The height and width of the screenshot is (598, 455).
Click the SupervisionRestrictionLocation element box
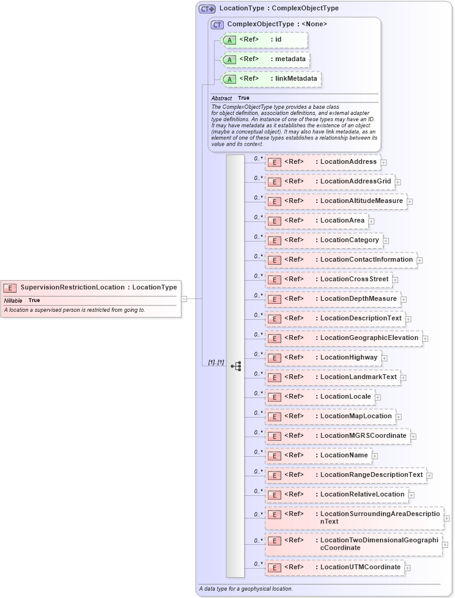coord(91,287)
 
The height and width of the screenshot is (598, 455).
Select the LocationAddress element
coord(322,162)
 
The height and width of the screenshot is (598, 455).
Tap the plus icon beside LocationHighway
coord(384,358)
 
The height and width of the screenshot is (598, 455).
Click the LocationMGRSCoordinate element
coord(337,436)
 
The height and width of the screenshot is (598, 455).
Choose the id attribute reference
coord(264,40)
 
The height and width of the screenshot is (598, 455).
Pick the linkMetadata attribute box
coord(270,79)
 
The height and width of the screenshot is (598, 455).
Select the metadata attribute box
coord(265,59)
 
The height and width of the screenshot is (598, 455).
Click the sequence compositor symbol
coord(235,366)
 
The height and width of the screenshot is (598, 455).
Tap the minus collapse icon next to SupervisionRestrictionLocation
coord(183,299)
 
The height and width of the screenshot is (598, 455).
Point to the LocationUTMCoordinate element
coord(335,567)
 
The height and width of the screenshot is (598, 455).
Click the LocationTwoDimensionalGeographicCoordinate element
coord(353,544)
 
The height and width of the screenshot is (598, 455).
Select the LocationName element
coord(318,456)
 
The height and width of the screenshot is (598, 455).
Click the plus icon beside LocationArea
coord(371,221)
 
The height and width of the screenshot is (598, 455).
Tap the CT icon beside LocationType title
coord(207,9)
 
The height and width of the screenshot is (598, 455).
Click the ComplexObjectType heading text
coord(276,24)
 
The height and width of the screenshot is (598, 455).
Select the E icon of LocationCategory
coord(275,240)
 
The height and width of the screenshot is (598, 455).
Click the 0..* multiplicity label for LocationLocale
coord(258,393)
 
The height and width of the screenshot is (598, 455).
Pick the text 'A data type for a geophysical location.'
coord(245,589)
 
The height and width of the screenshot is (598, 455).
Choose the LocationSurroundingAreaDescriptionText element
coord(354,517)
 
